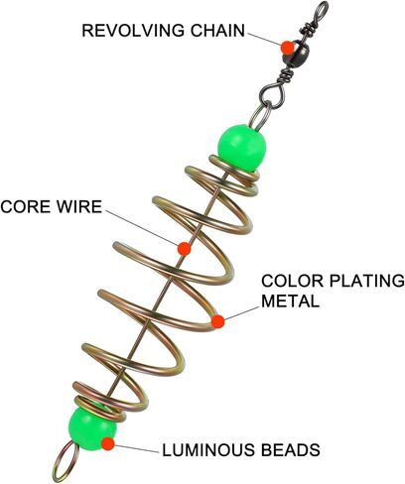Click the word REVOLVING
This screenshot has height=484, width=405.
(x=133, y=31)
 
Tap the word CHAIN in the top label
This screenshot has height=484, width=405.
(x=217, y=31)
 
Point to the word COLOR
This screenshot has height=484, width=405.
(x=292, y=281)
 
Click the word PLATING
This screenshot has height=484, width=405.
(x=366, y=281)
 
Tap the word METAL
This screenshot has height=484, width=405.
(x=291, y=301)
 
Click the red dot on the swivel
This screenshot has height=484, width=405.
(x=288, y=48)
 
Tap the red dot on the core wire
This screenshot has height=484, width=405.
(x=184, y=249)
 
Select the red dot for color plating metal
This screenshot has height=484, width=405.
(x=217, y=321)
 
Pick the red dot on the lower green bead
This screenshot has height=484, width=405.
(x=108, y=444)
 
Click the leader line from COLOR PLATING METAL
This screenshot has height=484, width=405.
(x=241, y=314)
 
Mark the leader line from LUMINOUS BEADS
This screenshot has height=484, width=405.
(x=136, y=448)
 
